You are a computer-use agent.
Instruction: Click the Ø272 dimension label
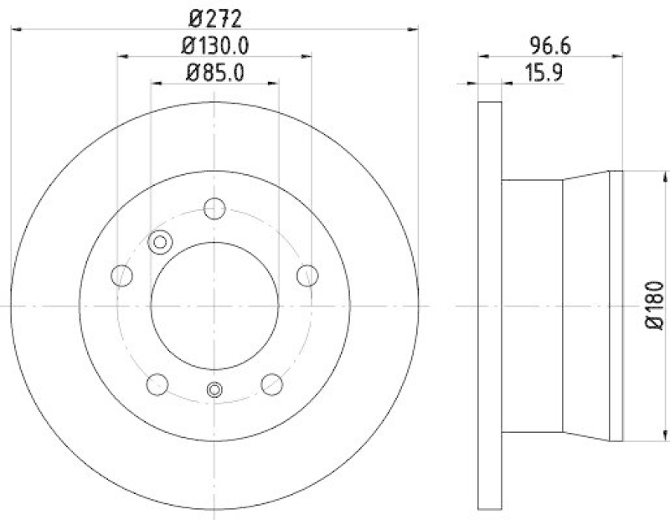[x=214, y=14]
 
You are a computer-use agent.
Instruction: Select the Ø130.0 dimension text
[x=214, y=44]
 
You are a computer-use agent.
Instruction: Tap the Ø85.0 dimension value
[x=214, y=72]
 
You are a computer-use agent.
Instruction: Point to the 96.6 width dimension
[x=549, y=44]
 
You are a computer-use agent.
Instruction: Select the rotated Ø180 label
[x=655, y=306]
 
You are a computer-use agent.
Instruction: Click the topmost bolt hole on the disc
[x=215, y=208]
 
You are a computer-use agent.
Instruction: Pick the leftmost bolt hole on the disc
[x=122, y=275]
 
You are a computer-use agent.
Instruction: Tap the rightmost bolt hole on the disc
[x=307, y=274]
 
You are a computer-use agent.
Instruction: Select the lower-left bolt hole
[x=157, y=384]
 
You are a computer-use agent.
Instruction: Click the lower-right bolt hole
[x=272, y=384]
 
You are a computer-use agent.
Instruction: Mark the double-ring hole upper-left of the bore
[x=159, y=242]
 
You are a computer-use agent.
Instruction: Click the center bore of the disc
[x=215, y=306]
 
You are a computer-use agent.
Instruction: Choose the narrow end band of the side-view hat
[x=616, y=306]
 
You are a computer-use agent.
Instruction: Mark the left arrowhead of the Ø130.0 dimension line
[x=121, y=57]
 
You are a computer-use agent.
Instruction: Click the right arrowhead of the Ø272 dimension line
[x=414, y=28]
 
